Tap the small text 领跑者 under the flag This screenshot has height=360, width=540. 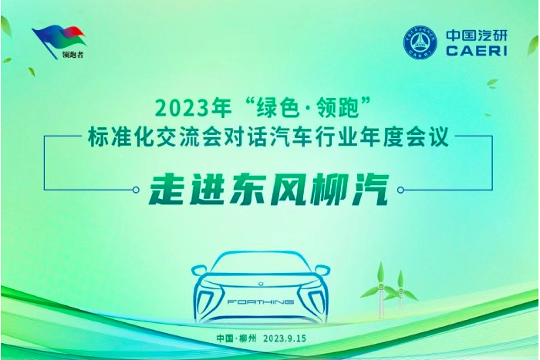[73, 55]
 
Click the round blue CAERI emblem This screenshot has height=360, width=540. [420, 42]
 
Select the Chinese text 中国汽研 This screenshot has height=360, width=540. [477, 35]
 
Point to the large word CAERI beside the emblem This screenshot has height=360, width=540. [477, 51]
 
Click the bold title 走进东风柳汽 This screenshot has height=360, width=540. [269, 189]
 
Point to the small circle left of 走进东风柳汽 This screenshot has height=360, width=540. [136, 190]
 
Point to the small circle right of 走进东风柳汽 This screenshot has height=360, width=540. [400, 190]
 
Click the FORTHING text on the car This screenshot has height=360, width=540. [261, 302]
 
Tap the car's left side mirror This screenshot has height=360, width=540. [199, 271]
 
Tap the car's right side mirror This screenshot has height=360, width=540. [322, 271]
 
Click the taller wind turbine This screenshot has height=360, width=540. [380, 289]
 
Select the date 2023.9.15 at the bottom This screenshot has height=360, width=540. [285, 338]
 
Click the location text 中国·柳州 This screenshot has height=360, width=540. [237, 338]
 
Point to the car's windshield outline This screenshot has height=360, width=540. [261, 254]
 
